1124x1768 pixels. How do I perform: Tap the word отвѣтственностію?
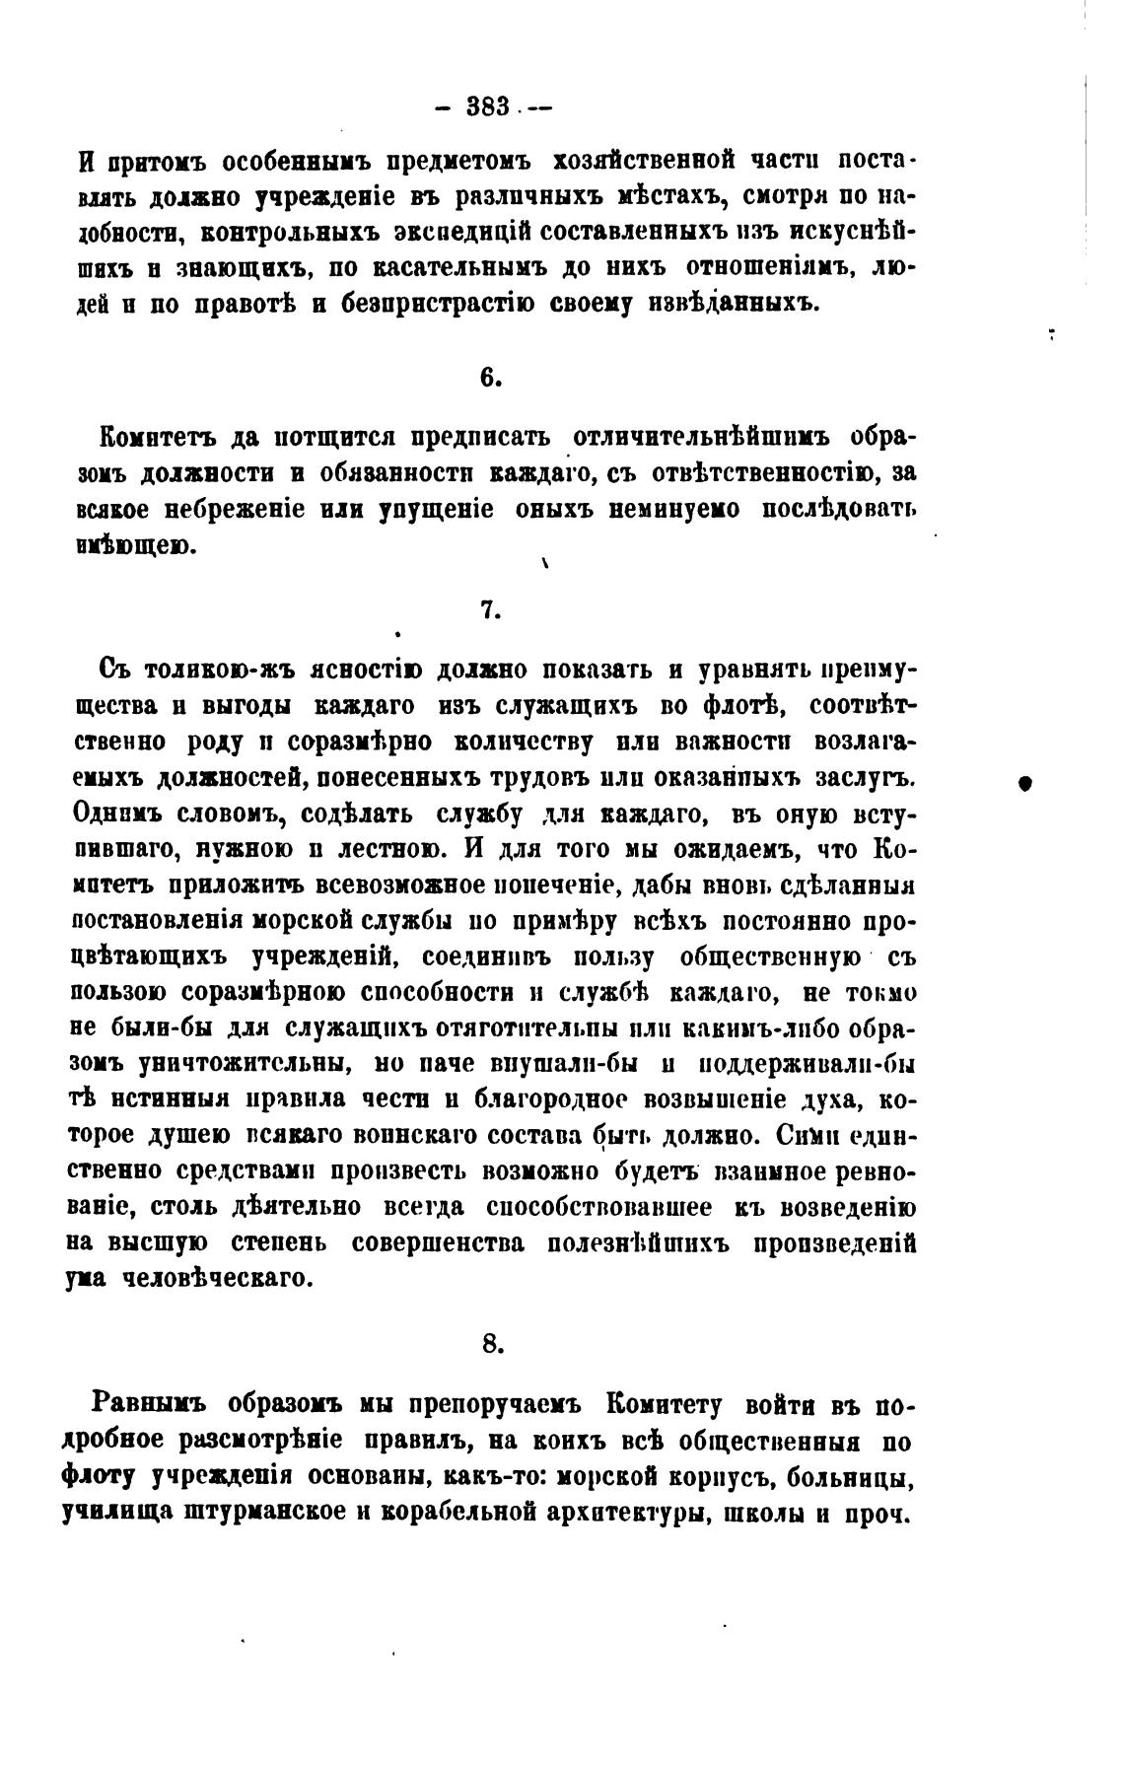click(751, 472)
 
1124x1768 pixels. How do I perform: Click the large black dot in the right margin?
click(1024, 782)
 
